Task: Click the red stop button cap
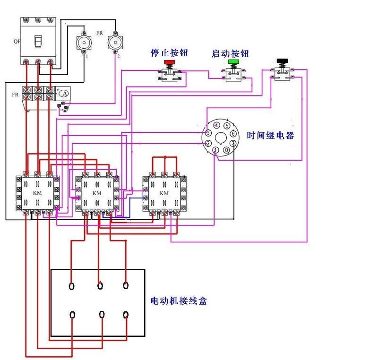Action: coord(169,62)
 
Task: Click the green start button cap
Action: coord(233,62)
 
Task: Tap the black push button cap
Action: coord(283,60)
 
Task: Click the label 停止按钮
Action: coord(169,53)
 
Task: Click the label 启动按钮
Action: coord(230,54)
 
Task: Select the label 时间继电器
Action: coord(270,136)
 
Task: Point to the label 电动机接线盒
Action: coord(179,300)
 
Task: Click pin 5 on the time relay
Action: coord(227,126)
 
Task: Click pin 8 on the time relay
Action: coord(227,150)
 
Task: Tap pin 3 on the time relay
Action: coord(208,133)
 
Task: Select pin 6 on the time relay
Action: coord(233,134)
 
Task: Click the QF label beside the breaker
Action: coord(17,41)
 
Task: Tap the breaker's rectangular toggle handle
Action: coord(38,42)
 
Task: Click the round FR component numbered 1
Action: coord(84,43)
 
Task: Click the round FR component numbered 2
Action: coord(115,43)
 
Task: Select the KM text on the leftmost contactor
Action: coord(38,193)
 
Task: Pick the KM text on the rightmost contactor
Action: coord(164,194)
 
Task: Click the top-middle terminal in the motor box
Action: coord(100,285)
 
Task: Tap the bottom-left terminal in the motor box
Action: coord(72,315)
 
